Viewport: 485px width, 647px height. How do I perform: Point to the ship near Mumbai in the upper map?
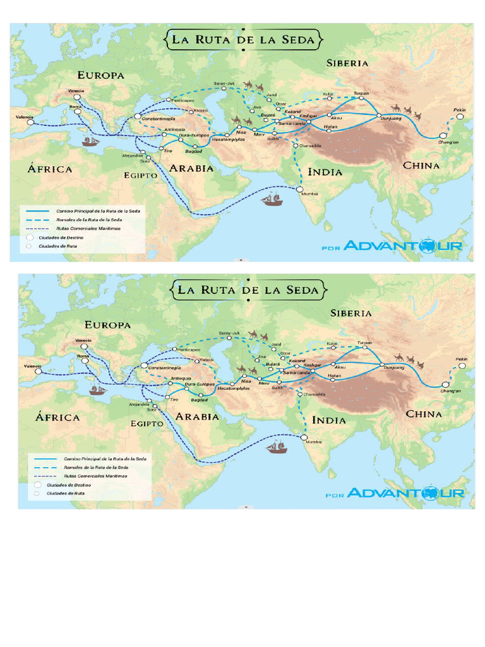click(x=272, y=200)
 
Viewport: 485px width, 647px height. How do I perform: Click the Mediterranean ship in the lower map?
click(x=97, y=390)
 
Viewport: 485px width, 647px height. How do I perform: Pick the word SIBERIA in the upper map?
click(x=347, y=63)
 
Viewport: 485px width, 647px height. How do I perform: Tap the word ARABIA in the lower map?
click(x=198, y=416)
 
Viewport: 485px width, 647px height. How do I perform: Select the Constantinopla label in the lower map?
click(x=165, y=368)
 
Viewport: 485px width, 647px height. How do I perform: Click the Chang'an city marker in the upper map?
click(x=443, y=136)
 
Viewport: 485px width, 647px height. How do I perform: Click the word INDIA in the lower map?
click(x=328, y=420)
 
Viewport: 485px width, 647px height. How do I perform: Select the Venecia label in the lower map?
click(x=83, y=341)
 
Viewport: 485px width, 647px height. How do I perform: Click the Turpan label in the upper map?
click(x=361, y=93)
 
